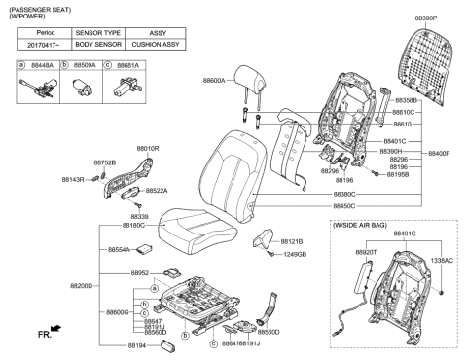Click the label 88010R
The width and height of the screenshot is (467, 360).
coord(147,148)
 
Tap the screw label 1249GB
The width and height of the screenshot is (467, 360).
coord(295,254)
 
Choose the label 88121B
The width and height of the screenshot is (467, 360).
coord(291,240)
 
